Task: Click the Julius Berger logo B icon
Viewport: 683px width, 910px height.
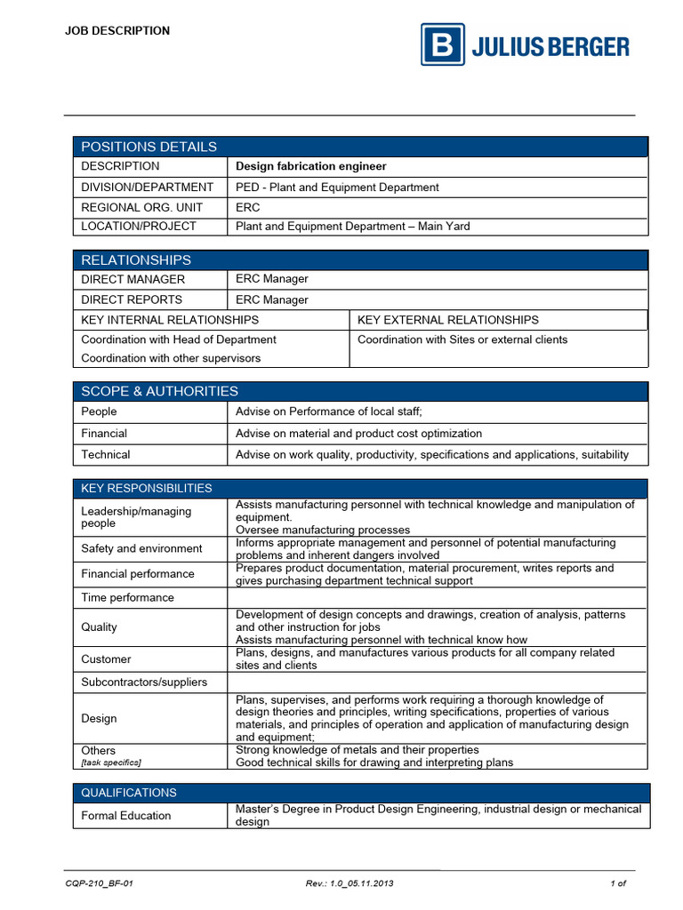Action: (442, 45)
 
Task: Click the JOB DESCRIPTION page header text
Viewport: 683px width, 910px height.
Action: (117, 31)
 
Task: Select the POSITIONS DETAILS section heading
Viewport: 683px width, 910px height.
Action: (149, 147)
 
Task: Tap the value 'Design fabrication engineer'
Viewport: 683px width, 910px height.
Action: (310, 166)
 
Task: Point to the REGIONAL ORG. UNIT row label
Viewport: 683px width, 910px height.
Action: (141, 207)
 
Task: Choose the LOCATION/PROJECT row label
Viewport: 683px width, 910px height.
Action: (139, 227)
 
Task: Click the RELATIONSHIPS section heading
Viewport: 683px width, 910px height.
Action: (136, 260)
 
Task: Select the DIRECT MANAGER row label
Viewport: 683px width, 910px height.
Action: (133, 279)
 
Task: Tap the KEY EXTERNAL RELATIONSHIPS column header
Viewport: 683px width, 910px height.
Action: (447, 320)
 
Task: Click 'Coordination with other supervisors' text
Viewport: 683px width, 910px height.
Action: (171, 358)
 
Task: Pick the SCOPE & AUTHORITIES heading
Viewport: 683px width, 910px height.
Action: (159, 392)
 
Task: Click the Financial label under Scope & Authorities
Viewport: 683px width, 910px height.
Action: (104, 434)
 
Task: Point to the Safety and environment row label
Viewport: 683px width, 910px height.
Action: (141, 549)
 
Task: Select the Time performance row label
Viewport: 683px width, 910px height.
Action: (127, 598)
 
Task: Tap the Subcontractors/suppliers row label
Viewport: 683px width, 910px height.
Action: (144, 682)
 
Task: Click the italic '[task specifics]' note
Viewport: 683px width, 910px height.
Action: (111, 762)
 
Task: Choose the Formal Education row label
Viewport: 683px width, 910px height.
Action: (126, 816)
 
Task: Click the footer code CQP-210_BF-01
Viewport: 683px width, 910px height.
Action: (100, 883)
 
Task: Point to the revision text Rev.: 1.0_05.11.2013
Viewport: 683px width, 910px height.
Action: (349, 883)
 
